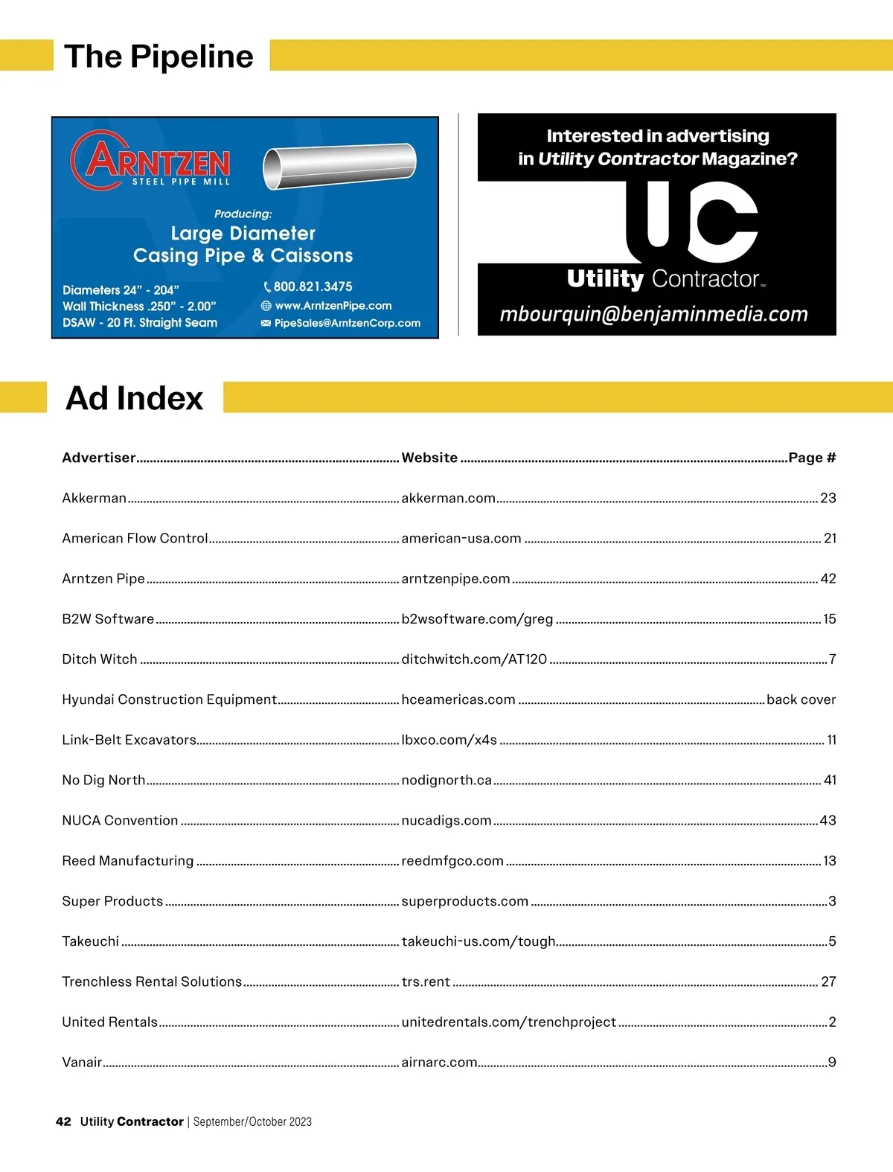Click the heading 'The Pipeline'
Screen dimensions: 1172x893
coord(159,57)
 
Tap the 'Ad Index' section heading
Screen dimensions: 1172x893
coord(134,398)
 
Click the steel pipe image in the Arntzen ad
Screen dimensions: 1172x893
coord(339,165)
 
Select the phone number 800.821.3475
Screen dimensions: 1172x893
coord(313,286)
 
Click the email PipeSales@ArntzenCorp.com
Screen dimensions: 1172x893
coord(347,323)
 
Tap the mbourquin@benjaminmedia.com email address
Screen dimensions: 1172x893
coord(653,314)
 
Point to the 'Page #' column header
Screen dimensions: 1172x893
coord(812,458)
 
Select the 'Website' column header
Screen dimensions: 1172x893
coord(429,458)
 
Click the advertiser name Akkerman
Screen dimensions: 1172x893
coord(94,498)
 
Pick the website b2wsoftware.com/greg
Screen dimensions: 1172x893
coord(477,619)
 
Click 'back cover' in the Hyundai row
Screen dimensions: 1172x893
coord(801,699)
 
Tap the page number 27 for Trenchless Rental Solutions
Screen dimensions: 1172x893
coord(828,982)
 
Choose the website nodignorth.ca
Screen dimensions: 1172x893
coord(446,780)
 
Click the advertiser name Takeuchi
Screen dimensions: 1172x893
coord(90,941)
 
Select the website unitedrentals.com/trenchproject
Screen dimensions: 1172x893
coord(508,1022)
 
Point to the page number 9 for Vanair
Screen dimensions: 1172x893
coord(832,1062)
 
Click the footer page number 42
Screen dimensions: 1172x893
coord(63,1121)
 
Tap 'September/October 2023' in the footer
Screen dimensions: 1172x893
coord(252,1121)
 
